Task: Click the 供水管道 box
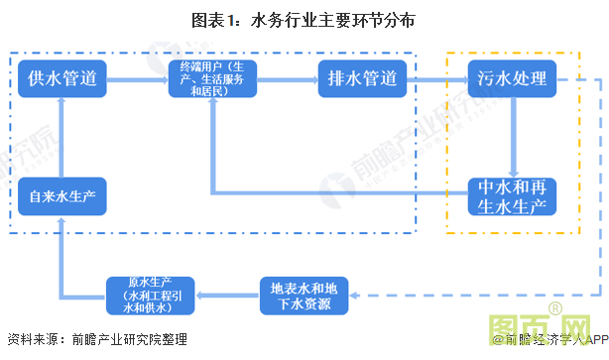(x=62, y=78)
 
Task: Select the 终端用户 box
(x=210, y=78)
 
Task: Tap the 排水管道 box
(x=362, y=78)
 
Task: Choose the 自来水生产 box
(x=62, y=195)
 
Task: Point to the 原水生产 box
(x=151, y=295)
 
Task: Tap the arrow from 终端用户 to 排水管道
(x=286, y=78)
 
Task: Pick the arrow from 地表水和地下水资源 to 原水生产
(x=227, y=295)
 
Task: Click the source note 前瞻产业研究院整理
(x=129, y=340)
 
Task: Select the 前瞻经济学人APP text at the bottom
(x=555, y=340)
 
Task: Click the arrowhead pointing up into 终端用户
(x=211, y=107)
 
